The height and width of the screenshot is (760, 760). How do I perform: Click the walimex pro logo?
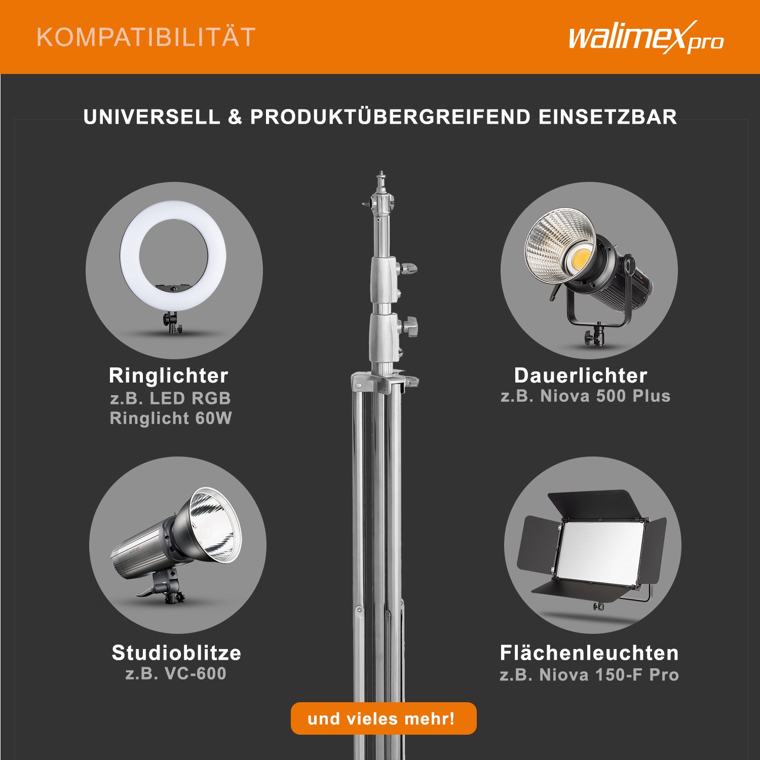tap(645, 38)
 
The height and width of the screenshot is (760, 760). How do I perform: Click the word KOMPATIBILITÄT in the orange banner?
tap(146, 37)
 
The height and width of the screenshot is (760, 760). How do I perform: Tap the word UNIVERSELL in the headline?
tap(151, 117)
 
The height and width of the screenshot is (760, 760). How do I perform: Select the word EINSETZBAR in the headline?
tap(607, 117)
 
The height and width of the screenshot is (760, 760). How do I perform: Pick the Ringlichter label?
tap(168, 375)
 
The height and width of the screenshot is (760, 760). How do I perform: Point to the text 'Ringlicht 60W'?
tap(170, 419)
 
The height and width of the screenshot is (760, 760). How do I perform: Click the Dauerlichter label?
tap(580, 375)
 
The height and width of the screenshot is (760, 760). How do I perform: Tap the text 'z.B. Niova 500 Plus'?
tap(585, 396)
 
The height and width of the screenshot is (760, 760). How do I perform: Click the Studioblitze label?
tap(176, 653)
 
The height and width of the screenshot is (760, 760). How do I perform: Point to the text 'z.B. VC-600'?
tap(175, 674)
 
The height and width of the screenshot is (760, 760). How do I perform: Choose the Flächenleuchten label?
tap(589, 653)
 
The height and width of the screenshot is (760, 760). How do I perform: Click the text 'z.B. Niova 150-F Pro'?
tap(589, 675)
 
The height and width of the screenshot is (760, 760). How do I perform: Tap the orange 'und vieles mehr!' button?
tap(383, 718)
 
